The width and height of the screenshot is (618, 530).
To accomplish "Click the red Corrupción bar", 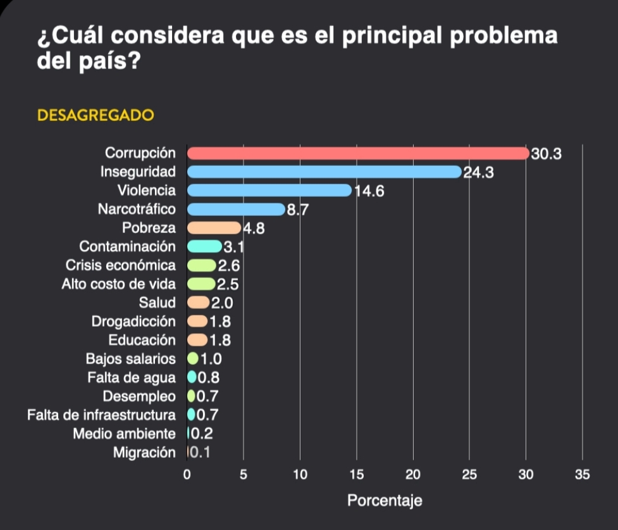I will [x=357, y=153].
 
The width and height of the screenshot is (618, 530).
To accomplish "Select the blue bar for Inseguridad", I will [x=324, y=172].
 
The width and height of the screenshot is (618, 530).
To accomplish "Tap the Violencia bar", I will [x=269, y=191].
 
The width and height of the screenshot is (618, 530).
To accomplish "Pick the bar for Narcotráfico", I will [x=236, y=209].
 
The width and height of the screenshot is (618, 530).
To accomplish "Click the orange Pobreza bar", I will [x=214, y=228].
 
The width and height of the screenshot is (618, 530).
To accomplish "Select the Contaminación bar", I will [x=204, y=246].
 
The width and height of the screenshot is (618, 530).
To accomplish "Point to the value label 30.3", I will [x=547, y=154].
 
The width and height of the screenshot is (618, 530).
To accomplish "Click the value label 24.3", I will [x=479, y=172].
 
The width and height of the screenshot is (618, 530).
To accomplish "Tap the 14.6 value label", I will [x=369, y=191].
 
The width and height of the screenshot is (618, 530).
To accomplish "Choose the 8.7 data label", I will [x=297, y=210].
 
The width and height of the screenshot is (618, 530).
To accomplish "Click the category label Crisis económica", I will [x=121, y=265].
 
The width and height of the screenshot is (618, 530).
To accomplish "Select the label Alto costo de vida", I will [x=118, y=284].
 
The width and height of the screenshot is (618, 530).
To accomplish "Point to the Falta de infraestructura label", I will [x=101, y=415].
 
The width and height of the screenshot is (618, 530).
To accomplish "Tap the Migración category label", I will [x=144, y=453].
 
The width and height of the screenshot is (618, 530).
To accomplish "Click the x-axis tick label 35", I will [x=582, y=475].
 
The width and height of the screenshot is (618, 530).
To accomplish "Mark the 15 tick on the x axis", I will [x=356, y=475].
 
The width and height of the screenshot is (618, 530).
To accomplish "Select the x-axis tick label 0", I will [x=187, y=475].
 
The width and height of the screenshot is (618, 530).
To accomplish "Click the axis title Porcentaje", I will [x=385, y=501].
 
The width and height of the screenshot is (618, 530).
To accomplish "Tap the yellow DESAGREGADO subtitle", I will [x=96, y=116].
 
